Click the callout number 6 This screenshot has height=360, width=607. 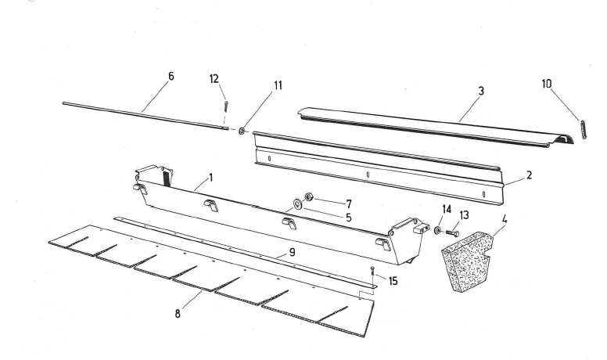(x=171, y=76)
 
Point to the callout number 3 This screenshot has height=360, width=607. (x=481, y=91)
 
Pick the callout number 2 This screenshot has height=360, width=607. (x=529, y=175)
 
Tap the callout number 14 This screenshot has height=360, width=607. (x=446, y=209)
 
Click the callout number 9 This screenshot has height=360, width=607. (x=291, y=253)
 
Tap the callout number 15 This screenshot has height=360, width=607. (x=392, y=280)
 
